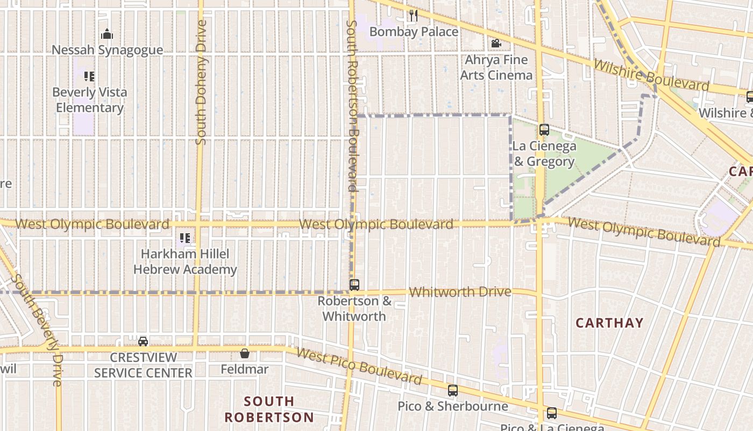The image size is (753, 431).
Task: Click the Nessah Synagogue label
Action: pyautogui.click(x=107, y=50)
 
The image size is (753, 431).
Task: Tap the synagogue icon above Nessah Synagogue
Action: pyautogui.click(x=107, y=34)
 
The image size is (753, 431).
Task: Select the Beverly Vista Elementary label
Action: pyautogui.click(x=90, y=100)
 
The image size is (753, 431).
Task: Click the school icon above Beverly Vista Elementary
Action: pyautogui.click(x=89, y=77)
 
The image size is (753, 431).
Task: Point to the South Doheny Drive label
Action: pyautogui.click(x=201, y=82)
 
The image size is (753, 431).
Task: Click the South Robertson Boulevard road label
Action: pyautogui.click(x=352, y=106)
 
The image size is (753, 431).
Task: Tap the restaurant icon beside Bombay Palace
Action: pyautogui.click(x=413, y=16)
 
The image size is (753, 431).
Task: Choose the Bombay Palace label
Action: pyautogui.click(x=414, y=32)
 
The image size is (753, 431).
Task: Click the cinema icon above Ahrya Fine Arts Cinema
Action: pyautogui.click(x=496, y=43)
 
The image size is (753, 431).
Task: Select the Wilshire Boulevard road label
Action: pyautogui.click(x=651, y=75)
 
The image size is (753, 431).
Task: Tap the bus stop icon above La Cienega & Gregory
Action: pyautogui.click(x=544, y=130)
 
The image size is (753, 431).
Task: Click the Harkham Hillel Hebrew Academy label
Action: pyautogui.click(x=185, y=261)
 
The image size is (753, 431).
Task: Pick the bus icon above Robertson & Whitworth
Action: pyautogui.click(x=354, y=285)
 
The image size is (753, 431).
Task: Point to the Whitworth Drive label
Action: pyautogui.click(x=460, y=292)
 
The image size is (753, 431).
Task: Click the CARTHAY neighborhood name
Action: pyautogui.click(x=609, y=323)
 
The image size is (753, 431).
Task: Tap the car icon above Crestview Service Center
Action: pyautogui.click(x=143, y=341)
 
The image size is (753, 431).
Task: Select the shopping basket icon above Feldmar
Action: pyautogui.click(x=245, y=353)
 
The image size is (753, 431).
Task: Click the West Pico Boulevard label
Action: pyautogui.click(x=359, y=366)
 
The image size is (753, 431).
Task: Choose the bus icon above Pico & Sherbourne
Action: pyautogui.click(x=453, y=391)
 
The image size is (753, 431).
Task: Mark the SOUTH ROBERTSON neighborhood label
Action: pyautogui.click(x=268, y=409)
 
